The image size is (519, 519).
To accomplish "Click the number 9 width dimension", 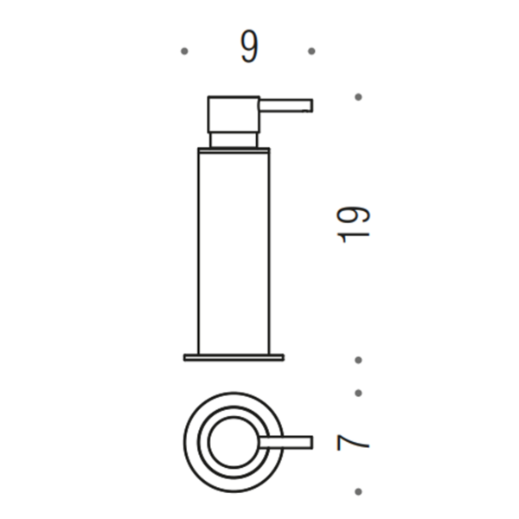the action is tap(249, 47).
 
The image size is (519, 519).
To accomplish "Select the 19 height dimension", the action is tap(353, 225).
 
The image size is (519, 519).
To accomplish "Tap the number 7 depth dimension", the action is tap(353, 443).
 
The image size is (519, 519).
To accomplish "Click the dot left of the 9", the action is tap(184, 51).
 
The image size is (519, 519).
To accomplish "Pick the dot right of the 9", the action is tap(311, 51).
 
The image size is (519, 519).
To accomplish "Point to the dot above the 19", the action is tap(358, 97).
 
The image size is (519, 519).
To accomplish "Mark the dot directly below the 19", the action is tap(358, 360).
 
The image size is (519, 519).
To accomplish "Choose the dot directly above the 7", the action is tap(358, 393).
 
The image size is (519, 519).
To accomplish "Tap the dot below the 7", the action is tap(358, 491).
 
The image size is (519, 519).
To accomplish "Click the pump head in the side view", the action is tap(234, 114).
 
